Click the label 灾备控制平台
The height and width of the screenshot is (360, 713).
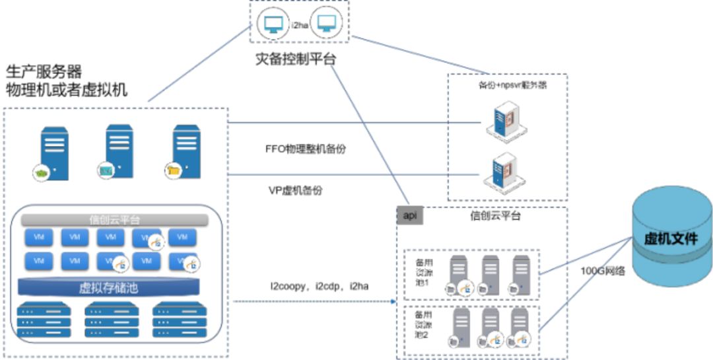[x=296, y=59]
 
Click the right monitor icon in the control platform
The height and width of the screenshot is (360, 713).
[x=325, y=24]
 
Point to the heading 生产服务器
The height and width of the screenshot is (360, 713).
[x=44, y=71]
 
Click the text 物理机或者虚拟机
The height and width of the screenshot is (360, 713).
[x=67, y=90]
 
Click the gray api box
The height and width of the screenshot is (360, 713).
[x=410, y=215]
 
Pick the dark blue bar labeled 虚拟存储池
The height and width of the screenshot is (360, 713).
[x=109, y=288]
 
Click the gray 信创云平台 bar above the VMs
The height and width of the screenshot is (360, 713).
[x=114, y=219]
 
